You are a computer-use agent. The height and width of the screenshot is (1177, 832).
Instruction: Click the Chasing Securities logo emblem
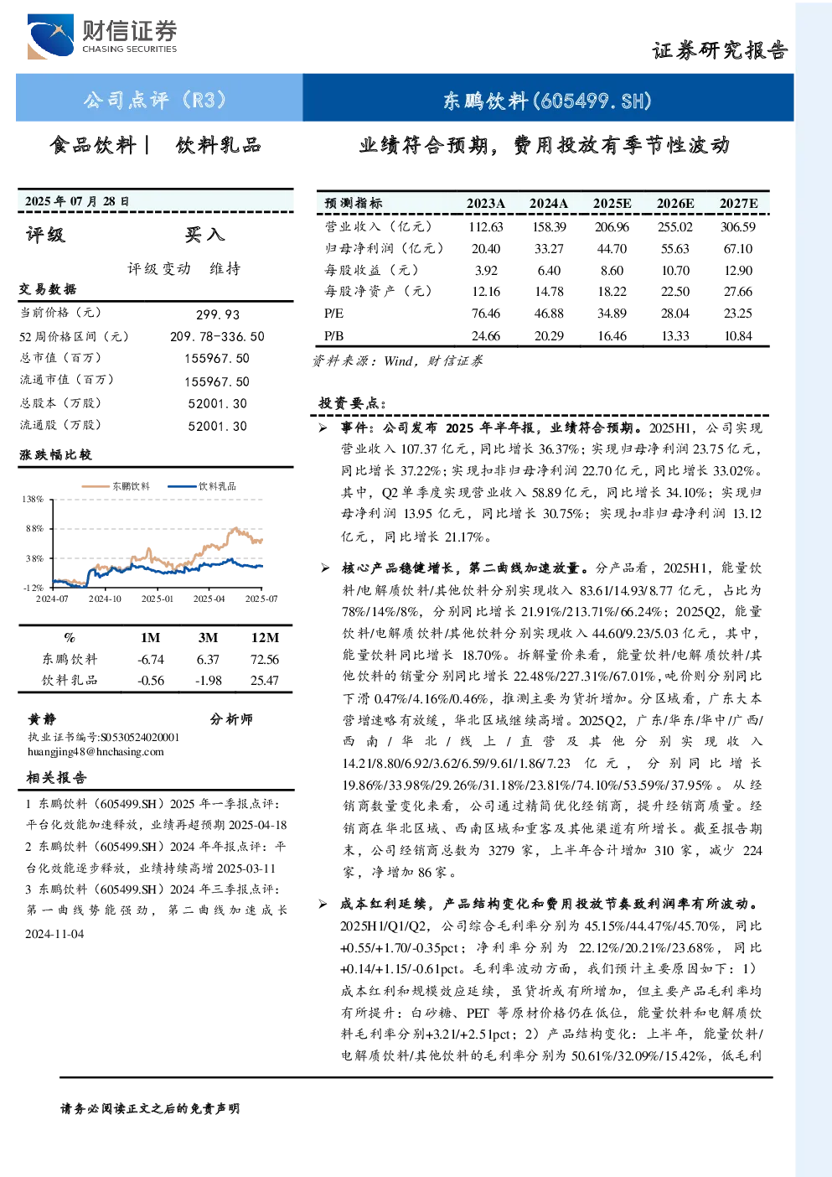pyautogui.click(x=50, y=36)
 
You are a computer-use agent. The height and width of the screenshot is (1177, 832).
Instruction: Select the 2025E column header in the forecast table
pyautogui.click(x=612, y=204)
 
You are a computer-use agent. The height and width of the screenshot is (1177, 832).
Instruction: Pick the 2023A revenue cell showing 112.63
pyautogui.click(x=486, y=227)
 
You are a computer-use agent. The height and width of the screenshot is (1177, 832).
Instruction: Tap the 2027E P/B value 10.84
pyautogui.click(x=738, y=336)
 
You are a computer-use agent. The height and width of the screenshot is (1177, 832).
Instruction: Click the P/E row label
pyautogui.click(x=334, y=314)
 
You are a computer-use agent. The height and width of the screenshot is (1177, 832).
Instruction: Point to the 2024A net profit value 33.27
pyautogui.click(x=549, y=248)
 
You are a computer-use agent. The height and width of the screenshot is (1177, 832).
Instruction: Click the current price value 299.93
pyautogui.click(x=218, y=314)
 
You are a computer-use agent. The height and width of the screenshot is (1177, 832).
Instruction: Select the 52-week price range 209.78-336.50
pyautogui.click(x=217, y=336)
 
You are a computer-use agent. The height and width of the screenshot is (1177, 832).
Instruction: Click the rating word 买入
pyautogui.click(x=204, y=235)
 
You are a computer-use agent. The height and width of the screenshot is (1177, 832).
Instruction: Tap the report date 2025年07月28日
pyautogui.click(x=77, y=201)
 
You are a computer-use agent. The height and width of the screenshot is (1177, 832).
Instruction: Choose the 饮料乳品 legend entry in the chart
pyautogui.click(x=202, y=486)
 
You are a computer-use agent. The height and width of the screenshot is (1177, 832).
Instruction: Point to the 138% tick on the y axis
pyautogui.click(x=33, y=499)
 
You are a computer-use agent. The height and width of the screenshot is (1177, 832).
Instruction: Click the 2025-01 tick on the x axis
pyautogui.click(x=157, y=599)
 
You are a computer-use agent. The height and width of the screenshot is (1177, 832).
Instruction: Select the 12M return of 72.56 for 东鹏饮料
pyautogui.click(x=264, y=660)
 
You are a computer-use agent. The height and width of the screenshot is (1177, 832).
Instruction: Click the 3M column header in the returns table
pyautogui.click(x=208, y=637)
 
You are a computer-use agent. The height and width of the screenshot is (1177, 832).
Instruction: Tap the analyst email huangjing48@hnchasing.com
pyautogui.click(x=96, y=752)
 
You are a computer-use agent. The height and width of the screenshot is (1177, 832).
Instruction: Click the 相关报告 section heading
pyautogui.click(x=56, y=778)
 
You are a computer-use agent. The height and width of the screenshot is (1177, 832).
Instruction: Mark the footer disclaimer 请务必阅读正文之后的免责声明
pyautogui.click(x=150, y=1109)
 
